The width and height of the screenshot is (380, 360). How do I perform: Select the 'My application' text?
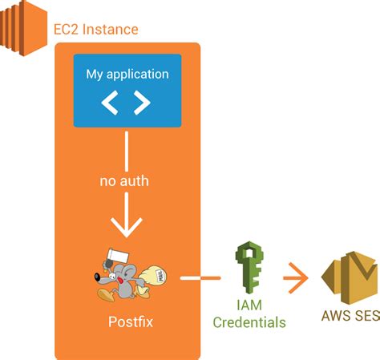tap(127, 74)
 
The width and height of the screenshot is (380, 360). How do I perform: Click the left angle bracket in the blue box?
tap(111, 102)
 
